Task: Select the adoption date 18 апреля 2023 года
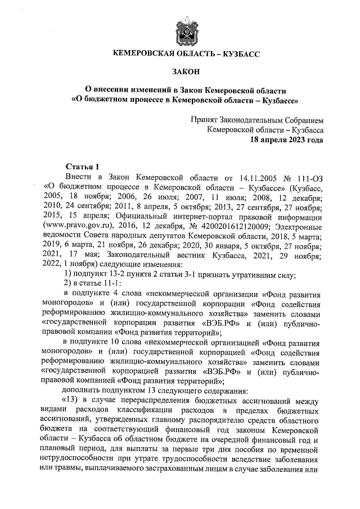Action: click(x=286, y=140)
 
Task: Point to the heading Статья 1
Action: click(x=82, y=166)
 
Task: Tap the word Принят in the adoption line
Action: click(x=204, y=120)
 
